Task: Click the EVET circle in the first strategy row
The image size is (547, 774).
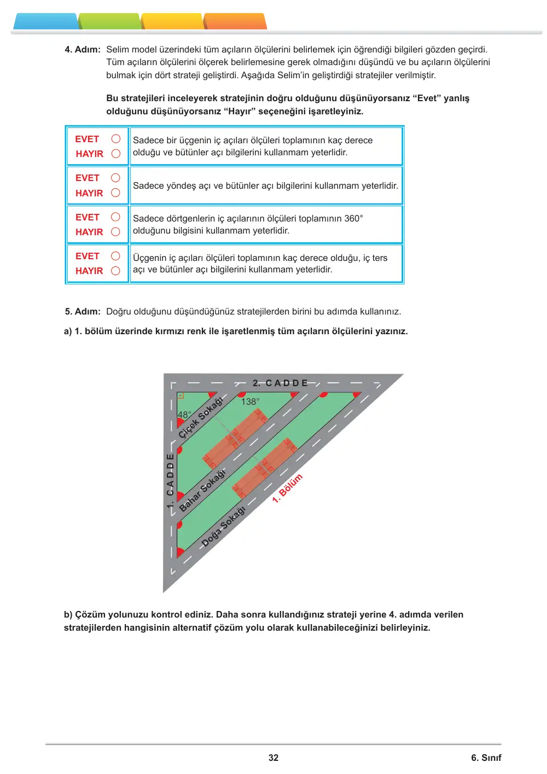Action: click(116, 139)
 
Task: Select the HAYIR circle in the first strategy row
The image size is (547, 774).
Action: click(116, 153)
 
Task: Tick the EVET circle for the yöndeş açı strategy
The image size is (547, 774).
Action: click(115, 178)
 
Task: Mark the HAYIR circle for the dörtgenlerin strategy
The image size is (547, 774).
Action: click(115, 232)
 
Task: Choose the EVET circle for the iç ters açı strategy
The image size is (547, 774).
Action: click(115, 256)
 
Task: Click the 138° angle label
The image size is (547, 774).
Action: click(250, 402)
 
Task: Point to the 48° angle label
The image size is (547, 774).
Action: click(184, 415)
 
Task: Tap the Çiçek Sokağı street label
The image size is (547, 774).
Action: click(200, 418)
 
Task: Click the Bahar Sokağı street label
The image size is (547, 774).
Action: click(202, 490)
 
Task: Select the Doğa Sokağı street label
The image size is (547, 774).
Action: click(223, 527)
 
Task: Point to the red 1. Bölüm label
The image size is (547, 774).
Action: click(287, 488)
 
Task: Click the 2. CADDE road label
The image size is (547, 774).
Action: click(280, 383)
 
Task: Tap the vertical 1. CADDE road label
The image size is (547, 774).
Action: click(170, 481)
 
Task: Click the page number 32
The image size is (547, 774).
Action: click(273, 758)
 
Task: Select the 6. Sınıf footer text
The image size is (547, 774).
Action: click(486, 758)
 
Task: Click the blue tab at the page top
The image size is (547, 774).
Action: click(45, 21)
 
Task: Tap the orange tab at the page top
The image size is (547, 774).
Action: click(235, 21)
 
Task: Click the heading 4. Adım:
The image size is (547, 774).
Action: click(83, 49)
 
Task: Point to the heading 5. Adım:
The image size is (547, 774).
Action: click(83, 311)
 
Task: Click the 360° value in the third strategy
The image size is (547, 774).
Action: click(353, 218)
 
